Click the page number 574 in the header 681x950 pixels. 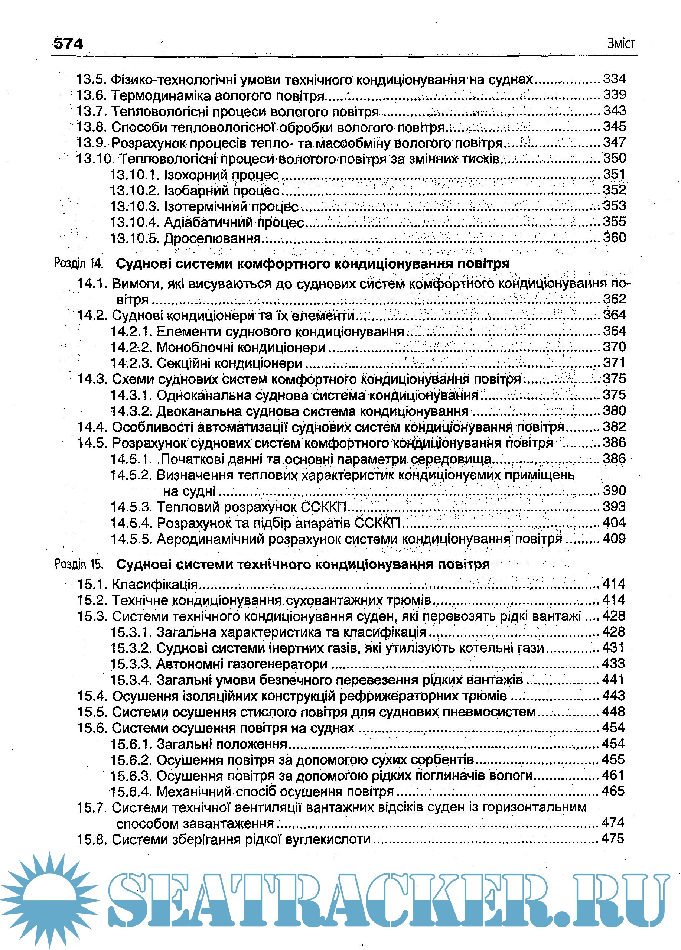(68, 43)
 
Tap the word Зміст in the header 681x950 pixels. (621, 43)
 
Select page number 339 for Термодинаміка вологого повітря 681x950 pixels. (615, 95)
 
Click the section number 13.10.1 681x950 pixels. (135, 175)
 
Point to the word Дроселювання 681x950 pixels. (212, 239)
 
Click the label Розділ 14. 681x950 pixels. (78, 263)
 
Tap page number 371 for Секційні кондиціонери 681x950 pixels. (615, 363)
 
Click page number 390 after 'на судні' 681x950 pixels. (615, 491)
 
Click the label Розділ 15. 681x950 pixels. (79, 564)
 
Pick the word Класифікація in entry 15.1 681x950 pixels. (154, 584)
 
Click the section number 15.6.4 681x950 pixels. (131, 792)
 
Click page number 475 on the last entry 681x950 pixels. (613, 839)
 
